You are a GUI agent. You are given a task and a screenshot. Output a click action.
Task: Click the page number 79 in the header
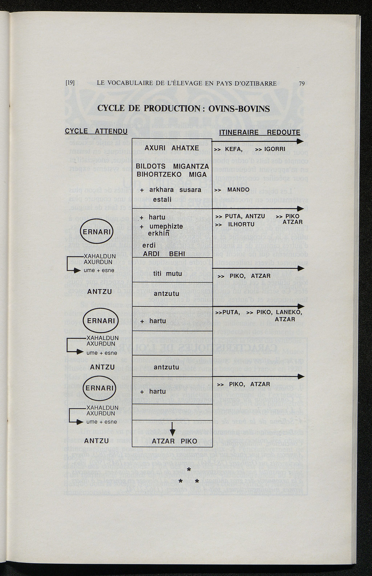(302, 84)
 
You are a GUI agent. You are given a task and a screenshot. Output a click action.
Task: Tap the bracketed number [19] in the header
(70, 83)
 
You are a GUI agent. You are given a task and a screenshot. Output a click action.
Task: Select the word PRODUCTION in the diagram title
(171, 109)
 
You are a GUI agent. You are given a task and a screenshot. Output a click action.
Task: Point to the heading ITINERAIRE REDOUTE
(260, 133)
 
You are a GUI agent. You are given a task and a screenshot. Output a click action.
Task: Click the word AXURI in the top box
(155, 148)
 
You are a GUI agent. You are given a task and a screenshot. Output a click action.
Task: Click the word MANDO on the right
(238, 190)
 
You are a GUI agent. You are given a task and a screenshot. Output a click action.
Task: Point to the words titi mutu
(167, 274)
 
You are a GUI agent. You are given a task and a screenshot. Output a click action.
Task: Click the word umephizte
(166, 227)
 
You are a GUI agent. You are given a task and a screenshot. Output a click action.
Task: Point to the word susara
(190, 190)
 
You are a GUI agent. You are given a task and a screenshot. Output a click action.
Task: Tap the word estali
(162, 200)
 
